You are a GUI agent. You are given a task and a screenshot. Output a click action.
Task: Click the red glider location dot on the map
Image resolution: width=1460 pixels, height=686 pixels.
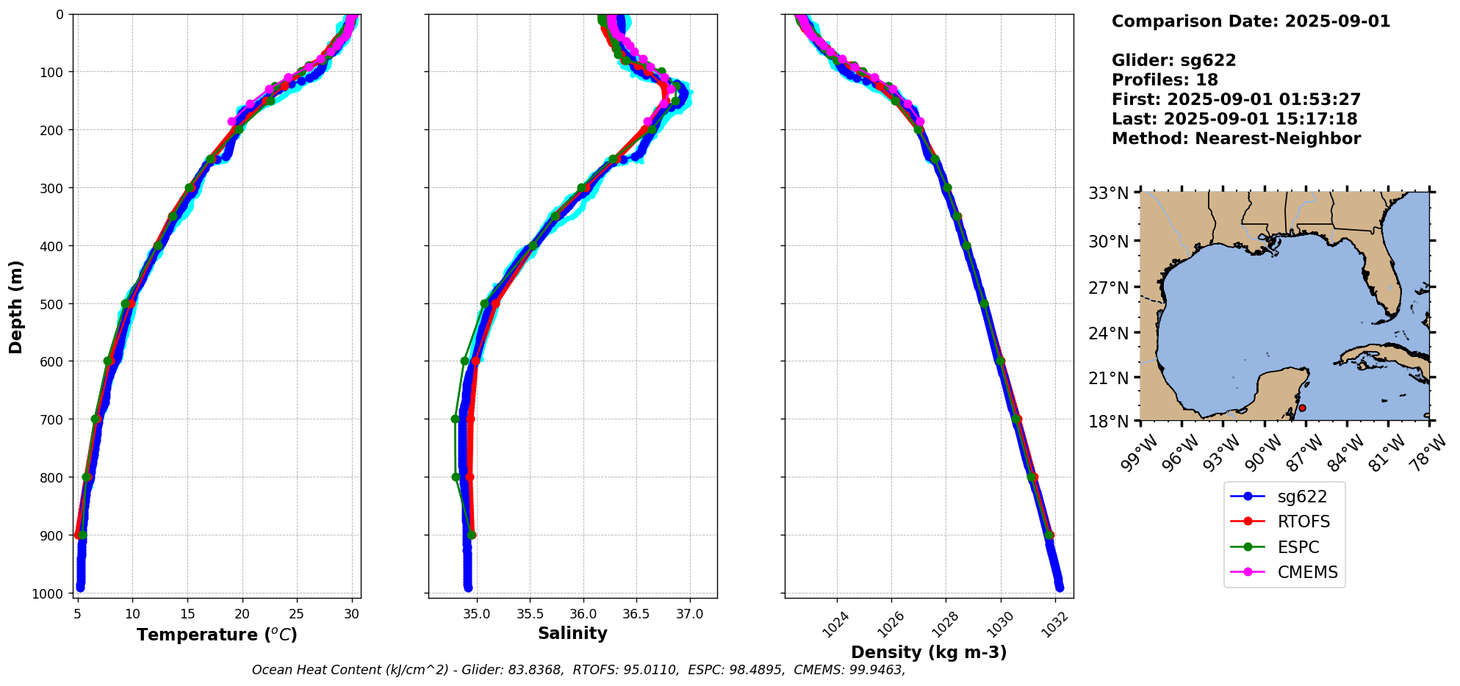pos(1302,408)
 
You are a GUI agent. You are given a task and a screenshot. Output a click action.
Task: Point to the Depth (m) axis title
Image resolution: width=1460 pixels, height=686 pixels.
pos(16,306)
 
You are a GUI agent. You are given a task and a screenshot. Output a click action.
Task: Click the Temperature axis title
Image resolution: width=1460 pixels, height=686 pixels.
pos(217,635)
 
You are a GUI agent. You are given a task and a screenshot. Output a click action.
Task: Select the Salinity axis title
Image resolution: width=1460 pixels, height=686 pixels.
pos(572,633)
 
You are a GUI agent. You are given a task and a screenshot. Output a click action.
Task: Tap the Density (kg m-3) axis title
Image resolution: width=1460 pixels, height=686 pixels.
pos(929,652)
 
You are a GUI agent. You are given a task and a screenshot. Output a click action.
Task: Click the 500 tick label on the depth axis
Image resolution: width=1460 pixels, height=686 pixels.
pos(54,303)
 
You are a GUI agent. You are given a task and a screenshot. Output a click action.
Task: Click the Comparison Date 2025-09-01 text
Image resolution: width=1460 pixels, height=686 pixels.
pos(1251,21)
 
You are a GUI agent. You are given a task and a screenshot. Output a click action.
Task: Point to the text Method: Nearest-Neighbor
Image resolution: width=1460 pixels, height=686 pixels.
pos(1236,139)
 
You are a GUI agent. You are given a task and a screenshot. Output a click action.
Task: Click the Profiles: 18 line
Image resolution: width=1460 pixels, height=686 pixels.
pos(1165,80)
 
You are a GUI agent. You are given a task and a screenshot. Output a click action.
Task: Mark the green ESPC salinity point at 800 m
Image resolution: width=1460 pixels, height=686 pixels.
pos(456,477)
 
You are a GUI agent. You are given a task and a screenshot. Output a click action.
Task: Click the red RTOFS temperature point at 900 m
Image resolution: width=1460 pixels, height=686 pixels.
pos(77,535)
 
